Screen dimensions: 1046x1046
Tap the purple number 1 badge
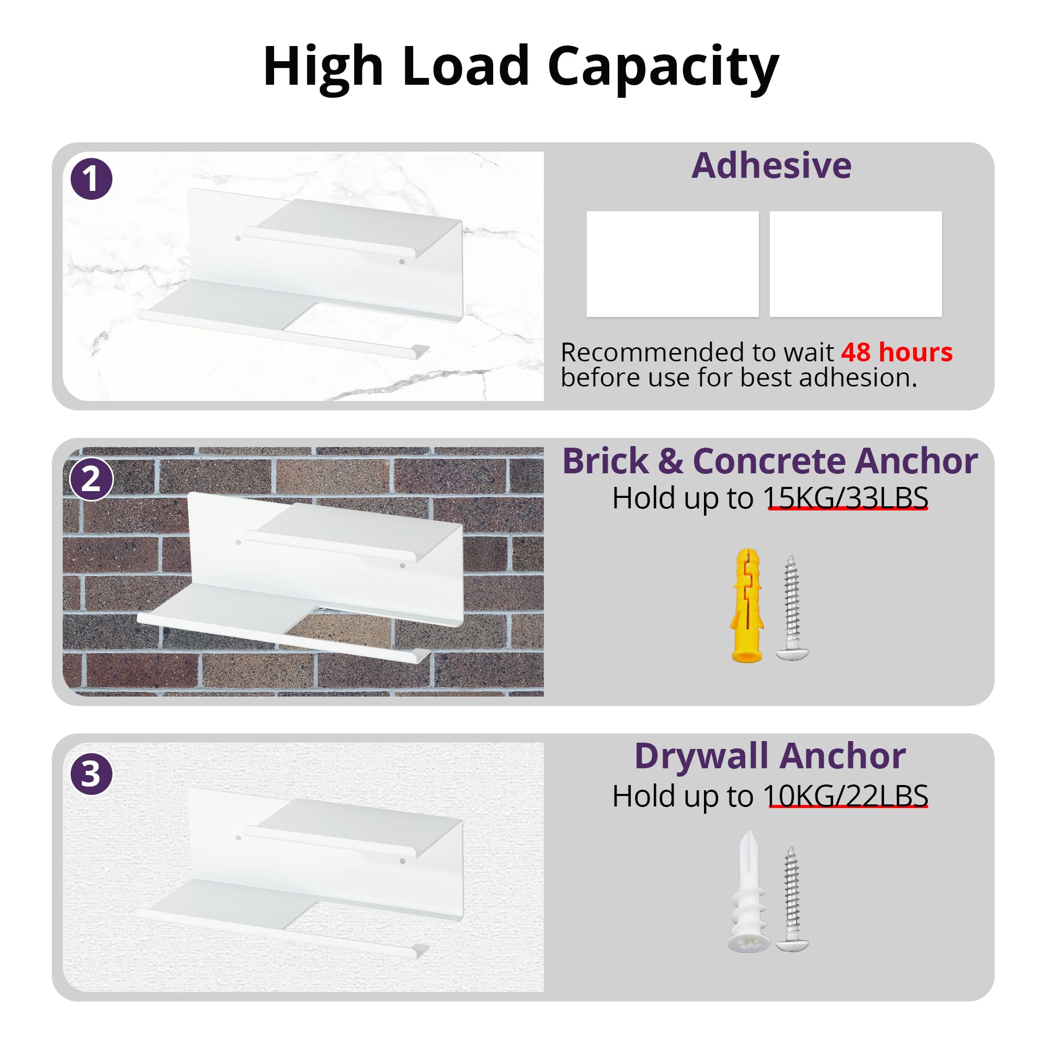(x=92, y=179)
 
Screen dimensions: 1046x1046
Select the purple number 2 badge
(x=92, y=479)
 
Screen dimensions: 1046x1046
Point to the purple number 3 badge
(x=92, y=774)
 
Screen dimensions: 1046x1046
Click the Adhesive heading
(x=771, y=165)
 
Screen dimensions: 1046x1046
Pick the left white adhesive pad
(x=673, y=264)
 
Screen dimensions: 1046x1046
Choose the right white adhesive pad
(x=856, y=264)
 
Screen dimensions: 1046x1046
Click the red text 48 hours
(x=896, y=352)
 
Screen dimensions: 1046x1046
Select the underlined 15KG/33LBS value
(x=846, y=497)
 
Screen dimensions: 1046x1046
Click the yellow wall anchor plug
(x=747, y=605)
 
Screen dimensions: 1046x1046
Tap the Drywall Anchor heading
(x=770, y=756)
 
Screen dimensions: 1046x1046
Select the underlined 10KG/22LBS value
(x=846, y=796)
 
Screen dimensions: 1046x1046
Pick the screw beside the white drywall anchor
(x=792, y=899)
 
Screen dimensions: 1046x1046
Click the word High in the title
(x=323, y=66)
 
